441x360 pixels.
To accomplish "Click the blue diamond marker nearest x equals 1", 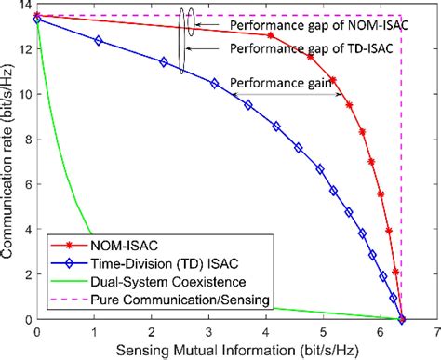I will pos(99,41).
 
